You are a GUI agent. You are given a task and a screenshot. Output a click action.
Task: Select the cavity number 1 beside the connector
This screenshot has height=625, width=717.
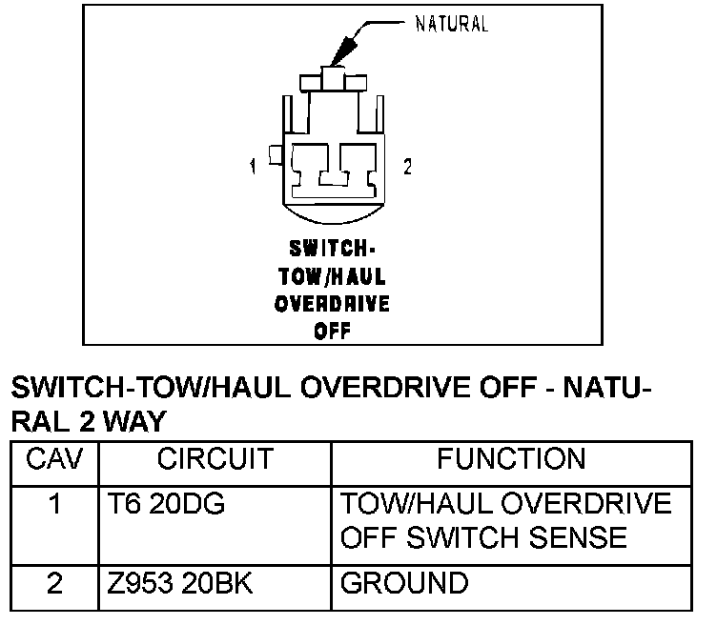tap(254, 168)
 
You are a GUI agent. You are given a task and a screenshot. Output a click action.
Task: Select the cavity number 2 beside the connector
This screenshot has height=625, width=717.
tap(408, 167)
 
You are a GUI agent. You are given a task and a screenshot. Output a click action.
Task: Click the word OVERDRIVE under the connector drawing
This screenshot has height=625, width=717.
tap(332, 306)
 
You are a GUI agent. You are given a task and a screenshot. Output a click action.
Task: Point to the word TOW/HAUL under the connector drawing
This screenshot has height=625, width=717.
tap(332, 277)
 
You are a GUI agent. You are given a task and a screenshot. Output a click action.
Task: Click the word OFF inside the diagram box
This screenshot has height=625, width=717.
tap(332, 333)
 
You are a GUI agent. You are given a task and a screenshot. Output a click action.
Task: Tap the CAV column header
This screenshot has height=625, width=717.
tap(55, 460)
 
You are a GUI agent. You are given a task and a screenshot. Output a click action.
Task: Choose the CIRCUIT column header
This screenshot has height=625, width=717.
tap(215, 460)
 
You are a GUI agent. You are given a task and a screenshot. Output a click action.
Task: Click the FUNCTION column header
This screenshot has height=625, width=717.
tap(511, 460)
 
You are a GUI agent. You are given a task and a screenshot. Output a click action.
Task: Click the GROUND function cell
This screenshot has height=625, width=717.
tap(404, 582)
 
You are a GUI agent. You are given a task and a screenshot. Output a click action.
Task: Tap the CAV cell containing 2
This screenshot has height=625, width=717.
tap(55, 582)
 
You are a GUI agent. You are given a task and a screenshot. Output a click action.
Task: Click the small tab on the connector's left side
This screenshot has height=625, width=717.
tap(274, 154)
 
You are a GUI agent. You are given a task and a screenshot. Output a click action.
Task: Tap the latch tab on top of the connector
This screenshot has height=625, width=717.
tap(333, 79)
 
